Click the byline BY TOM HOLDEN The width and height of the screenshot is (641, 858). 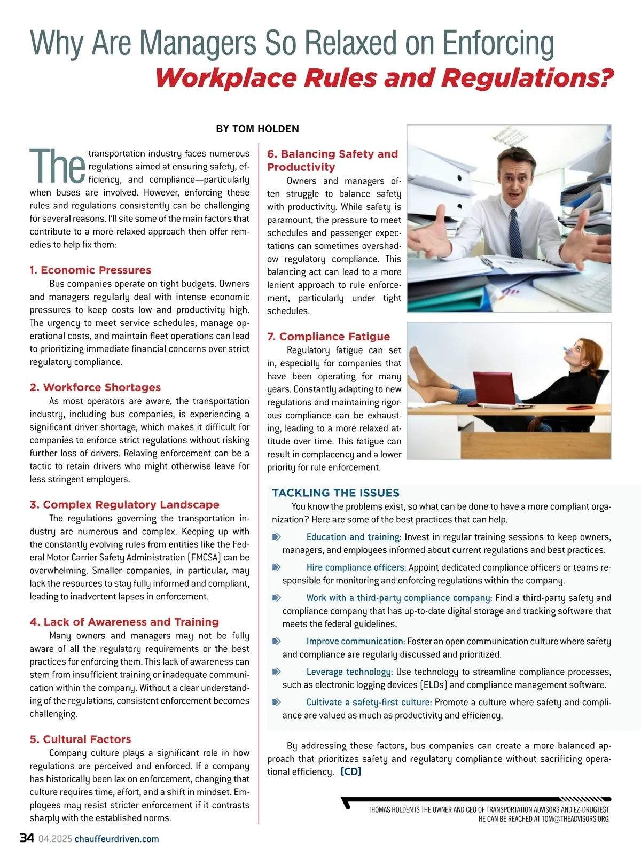coord(257,129)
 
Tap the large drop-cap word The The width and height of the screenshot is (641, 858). coord(57,166)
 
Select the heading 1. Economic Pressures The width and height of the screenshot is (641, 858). coord(90,270)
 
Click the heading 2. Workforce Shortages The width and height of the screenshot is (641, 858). coord(95,387)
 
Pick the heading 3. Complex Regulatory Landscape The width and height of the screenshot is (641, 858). coord(124,504)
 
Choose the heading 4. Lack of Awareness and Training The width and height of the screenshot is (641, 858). coord(124,622)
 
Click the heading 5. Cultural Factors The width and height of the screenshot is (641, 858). coord(81,739)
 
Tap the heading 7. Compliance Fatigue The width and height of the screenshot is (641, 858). coord(329,337)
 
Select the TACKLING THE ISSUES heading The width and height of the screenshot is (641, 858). coord(335,493)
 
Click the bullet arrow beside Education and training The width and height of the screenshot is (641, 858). coord(277,536)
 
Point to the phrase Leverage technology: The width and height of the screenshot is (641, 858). coord(349,672)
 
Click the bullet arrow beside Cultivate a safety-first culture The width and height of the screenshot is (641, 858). coord(277,702)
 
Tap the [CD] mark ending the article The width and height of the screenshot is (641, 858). coord(351,771)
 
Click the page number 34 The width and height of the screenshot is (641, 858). coord(27,838)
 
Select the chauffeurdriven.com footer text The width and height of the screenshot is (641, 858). coord(116,839)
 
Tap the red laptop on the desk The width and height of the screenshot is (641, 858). coord(495,388)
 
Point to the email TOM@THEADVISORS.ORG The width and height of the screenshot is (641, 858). coord(575,818)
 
